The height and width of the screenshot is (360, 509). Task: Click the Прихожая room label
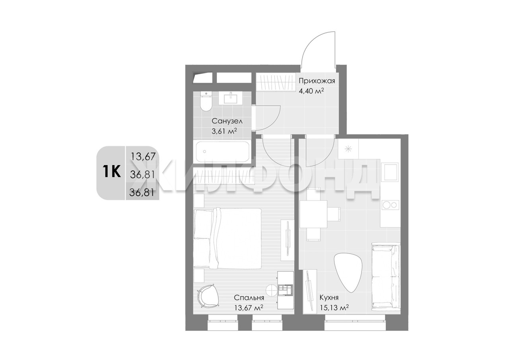click(317, 81)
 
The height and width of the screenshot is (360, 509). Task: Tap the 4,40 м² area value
click(311, 91)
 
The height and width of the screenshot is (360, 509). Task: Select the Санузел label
click(227, 121)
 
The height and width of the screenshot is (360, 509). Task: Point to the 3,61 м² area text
click(224, 131)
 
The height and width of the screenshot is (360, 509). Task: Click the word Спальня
click(249, 298)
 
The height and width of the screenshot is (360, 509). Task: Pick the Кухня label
click(329, 298)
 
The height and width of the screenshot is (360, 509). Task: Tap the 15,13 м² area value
click(334, 308)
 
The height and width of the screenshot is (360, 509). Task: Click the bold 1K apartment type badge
click(111, 171)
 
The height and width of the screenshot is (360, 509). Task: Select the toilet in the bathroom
click(206, 101)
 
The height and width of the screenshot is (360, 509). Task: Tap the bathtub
click(223, 152)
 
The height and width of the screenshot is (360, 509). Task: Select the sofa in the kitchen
click(385, 277)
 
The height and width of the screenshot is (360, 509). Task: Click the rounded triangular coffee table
click(347, 272)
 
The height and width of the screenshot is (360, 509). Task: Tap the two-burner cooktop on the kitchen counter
click(389, 205)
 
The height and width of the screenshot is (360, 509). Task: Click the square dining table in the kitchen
click(313, 214)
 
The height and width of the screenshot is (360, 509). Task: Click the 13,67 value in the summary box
click(143, 157)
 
